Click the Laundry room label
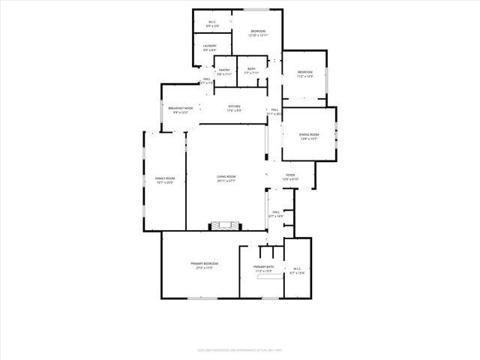[x=209, y=46]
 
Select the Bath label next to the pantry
[x=251, y=70]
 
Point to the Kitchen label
[x=234, y=106]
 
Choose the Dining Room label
[x=309, y=135]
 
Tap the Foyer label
[x=290, y=177]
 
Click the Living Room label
[x=226, y=177]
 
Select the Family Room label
[x=165, y=178]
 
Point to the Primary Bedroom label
[x=204, y=264]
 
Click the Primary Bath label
[x=263, y=267]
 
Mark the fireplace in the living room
[x=225, y=224]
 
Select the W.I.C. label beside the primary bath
[x=297, y=268]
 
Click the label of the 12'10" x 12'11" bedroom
[x=258, y=31]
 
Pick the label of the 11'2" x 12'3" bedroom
[x=304, y=72]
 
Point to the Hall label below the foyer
[x=277, y=212]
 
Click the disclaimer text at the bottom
[x=240, y=349]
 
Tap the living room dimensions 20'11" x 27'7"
[x=226, y=181]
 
